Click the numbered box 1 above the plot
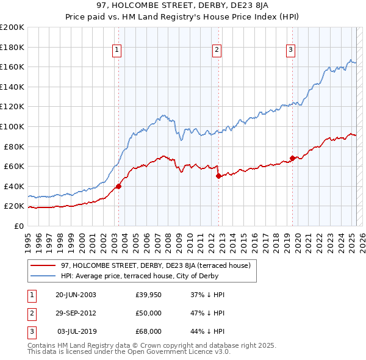117,50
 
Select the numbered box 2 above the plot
217,50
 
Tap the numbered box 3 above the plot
291,50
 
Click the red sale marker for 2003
118,187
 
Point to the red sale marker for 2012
218,176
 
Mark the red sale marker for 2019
292,159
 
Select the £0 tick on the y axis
19,226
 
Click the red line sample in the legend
43,265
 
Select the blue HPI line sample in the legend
43,275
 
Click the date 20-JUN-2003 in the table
76,295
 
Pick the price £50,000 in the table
149,313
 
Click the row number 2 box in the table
31,313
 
